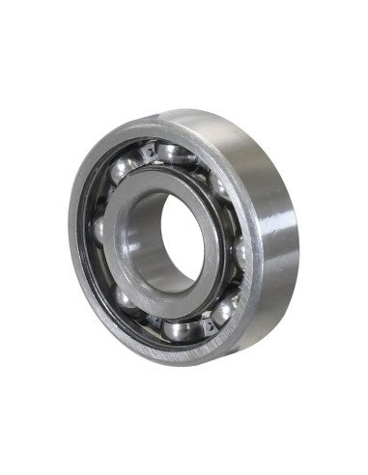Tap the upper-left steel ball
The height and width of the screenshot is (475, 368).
coord(125,172)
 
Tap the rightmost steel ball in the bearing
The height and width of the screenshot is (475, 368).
coord(241,253)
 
